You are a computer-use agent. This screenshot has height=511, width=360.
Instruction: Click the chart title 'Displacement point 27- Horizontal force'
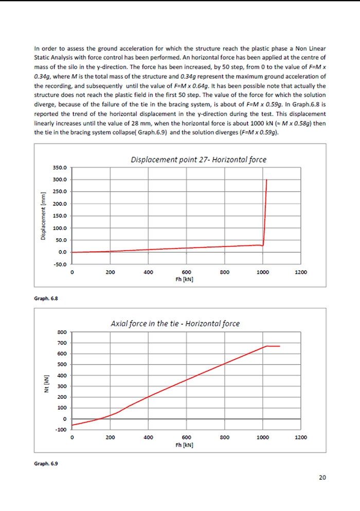[199, 160]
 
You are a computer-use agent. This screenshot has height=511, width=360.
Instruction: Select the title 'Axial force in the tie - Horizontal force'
[175, 324]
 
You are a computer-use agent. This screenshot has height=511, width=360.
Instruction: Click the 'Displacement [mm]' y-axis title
[44, 215]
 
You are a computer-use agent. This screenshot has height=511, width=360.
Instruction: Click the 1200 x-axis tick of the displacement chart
[301, 273]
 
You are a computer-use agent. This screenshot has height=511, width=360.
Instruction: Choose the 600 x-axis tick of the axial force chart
[187, 437]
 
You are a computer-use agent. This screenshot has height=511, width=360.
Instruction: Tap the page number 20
[322, 478]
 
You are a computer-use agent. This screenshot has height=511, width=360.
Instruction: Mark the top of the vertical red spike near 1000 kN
[266, 180]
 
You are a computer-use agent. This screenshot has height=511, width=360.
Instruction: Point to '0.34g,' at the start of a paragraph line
[44, 76]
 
